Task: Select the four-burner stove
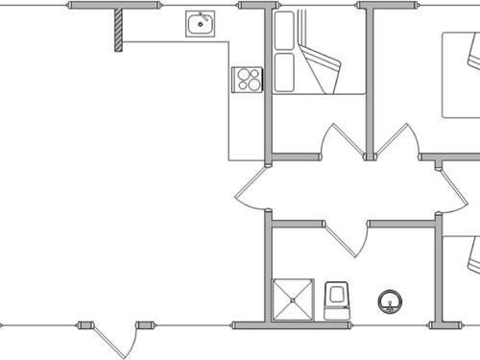click(x=248, y=78)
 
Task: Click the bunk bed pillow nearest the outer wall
click(x=284, y=33)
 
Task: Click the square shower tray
click(x=293, y=299)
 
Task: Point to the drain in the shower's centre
click(x=293, y=299)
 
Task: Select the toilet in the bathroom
click(x=337, y=300)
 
